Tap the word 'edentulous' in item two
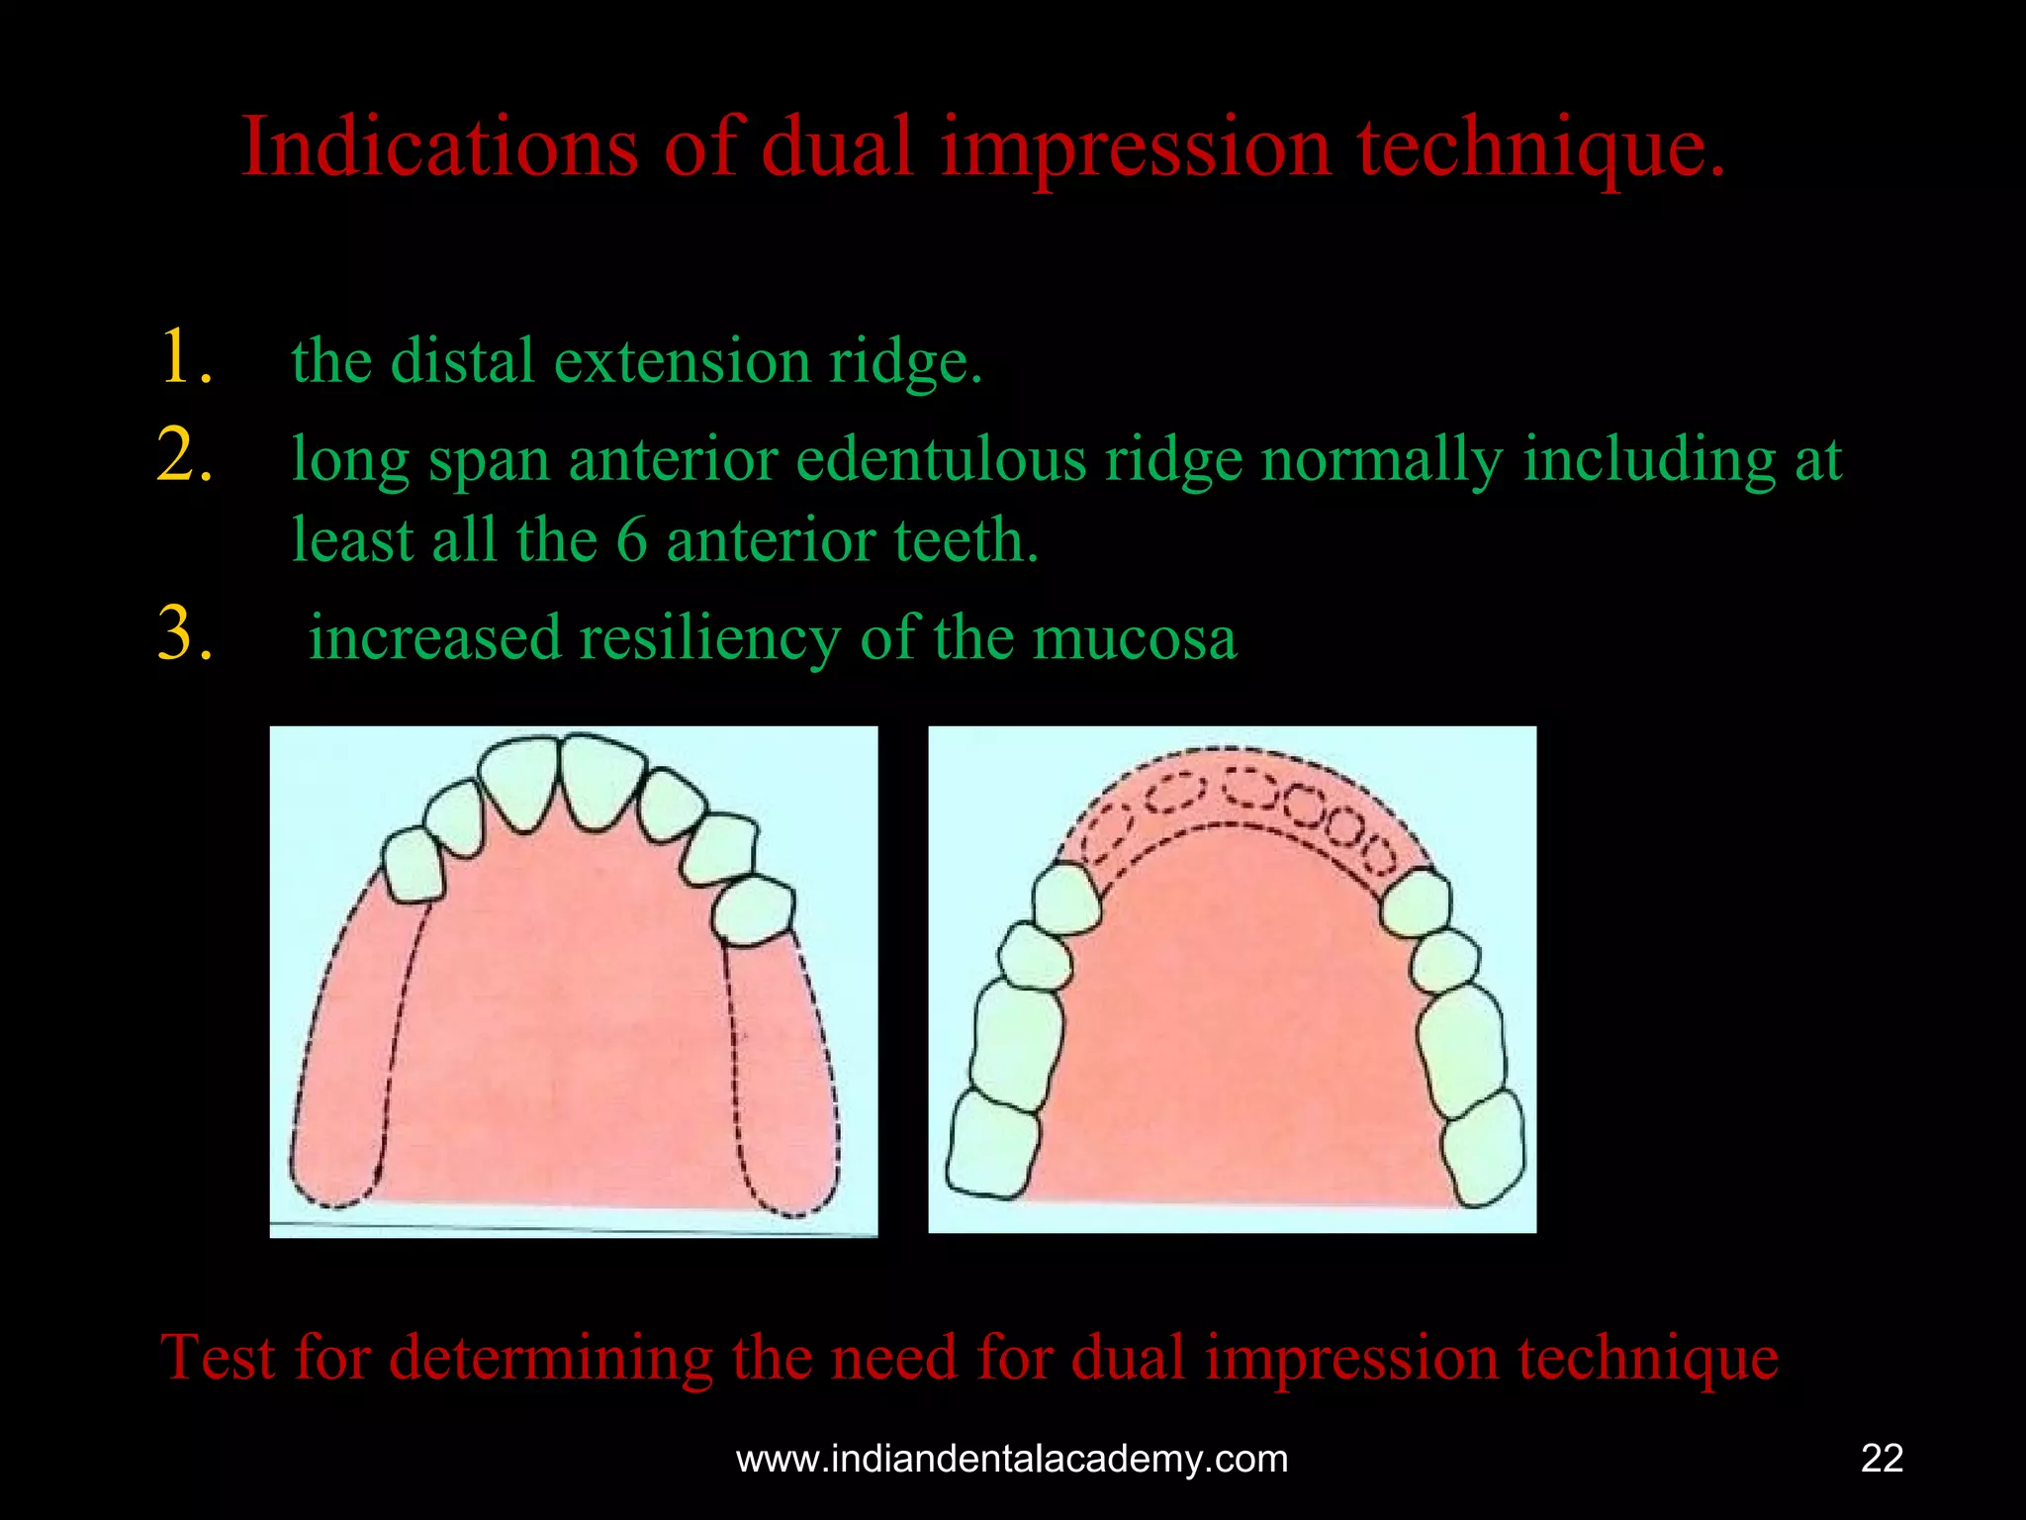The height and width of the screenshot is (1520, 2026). [940, 460]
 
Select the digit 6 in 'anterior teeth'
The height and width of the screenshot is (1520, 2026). [631, 540]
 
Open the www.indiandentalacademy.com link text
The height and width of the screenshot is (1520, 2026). [1012, 1459]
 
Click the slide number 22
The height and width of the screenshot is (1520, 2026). [1882, 1459]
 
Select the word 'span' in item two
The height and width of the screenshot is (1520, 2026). [488, 462]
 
